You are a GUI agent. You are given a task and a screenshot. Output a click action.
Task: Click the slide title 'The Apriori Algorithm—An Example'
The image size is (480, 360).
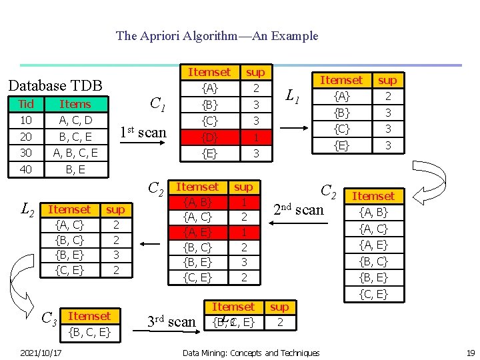217,36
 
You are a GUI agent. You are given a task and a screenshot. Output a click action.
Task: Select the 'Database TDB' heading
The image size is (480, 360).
55,85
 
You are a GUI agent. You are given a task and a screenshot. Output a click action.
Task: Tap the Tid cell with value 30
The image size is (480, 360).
27,153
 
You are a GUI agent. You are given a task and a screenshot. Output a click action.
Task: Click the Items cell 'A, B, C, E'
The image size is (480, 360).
75,153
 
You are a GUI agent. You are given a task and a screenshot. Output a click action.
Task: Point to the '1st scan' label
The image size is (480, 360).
143,132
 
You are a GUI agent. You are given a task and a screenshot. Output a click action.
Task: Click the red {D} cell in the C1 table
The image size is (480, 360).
210,137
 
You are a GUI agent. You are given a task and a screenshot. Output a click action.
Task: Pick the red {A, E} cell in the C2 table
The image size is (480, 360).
197,232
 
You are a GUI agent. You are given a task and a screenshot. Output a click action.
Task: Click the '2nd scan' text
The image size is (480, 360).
299,209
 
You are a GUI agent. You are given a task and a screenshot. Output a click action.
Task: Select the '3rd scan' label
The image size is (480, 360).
171,322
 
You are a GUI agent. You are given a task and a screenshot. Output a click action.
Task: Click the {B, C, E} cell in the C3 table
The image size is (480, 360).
89,332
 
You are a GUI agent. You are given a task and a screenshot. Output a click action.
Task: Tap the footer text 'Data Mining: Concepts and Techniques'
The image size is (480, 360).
251,353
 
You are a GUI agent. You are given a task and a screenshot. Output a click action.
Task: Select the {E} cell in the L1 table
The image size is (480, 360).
342,144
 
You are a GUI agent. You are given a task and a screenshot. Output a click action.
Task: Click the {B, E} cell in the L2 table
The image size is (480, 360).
69,254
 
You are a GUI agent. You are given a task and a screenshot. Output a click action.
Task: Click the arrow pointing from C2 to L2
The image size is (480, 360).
149,244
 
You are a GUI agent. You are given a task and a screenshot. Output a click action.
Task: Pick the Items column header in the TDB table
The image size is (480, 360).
75,104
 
